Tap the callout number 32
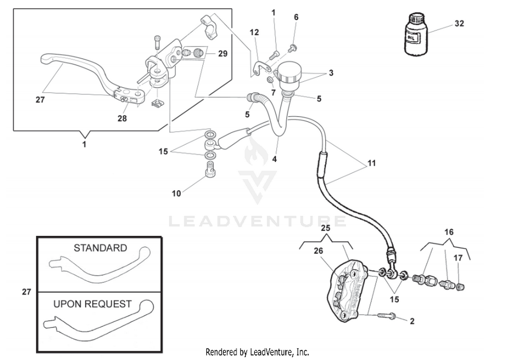pos(459,24)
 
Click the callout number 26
pos(318,251)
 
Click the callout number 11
pos(371,163)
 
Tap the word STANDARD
pos(100,248)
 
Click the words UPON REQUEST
pos(92,304)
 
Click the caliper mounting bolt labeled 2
pos(387,315)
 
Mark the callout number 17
pos(458,258)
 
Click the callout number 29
pos(223,54)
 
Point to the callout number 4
pos(274,159)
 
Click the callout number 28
pos(122,119)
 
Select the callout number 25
pos(325,228)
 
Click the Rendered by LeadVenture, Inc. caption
pos(257,352)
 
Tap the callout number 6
pos(296,17)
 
